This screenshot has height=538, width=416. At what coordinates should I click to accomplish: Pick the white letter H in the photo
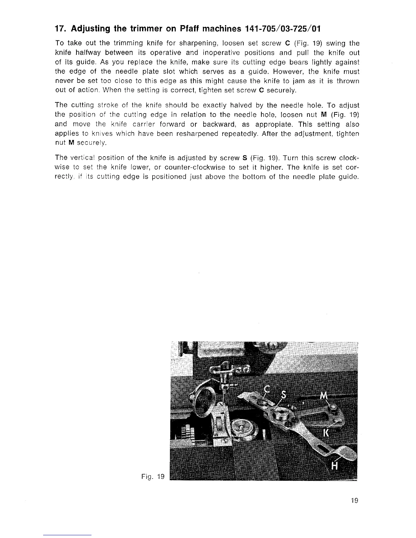(x=334, y=467)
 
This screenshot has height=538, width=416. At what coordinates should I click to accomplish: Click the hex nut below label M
(x=334, y=407)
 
